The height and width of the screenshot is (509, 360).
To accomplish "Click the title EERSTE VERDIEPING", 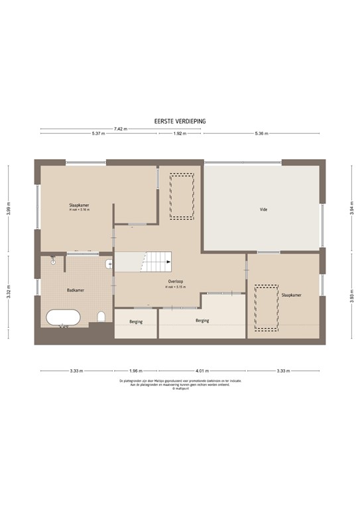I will (180, 121).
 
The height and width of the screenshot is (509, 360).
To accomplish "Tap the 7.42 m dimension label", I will (119, 128).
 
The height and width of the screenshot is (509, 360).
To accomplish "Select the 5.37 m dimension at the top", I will (99, 134).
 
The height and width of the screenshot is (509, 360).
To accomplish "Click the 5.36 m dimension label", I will (261, 134).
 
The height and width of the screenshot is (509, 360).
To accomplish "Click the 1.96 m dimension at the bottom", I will (135, 370).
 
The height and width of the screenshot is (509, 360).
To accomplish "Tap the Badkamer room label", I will (75, 290).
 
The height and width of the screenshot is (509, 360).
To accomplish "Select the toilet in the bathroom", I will (101, 316).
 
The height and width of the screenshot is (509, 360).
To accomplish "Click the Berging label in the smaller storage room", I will (135, 322).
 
